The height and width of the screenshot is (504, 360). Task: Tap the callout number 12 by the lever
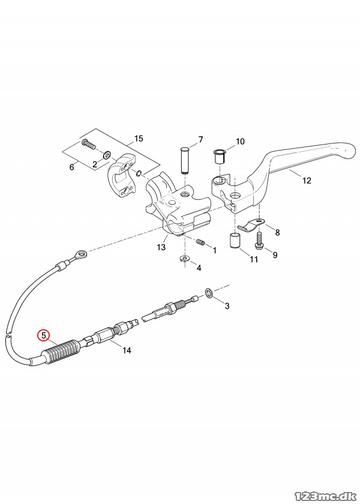307,180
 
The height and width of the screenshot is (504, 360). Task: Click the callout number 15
139,139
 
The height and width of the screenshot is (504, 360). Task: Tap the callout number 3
227,307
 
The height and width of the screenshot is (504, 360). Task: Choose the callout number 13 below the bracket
161,247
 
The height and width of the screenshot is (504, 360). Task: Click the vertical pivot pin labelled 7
184,159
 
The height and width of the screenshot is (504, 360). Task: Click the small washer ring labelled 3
209,293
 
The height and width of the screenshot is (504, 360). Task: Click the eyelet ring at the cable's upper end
79,256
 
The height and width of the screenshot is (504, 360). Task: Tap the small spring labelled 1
202,242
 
